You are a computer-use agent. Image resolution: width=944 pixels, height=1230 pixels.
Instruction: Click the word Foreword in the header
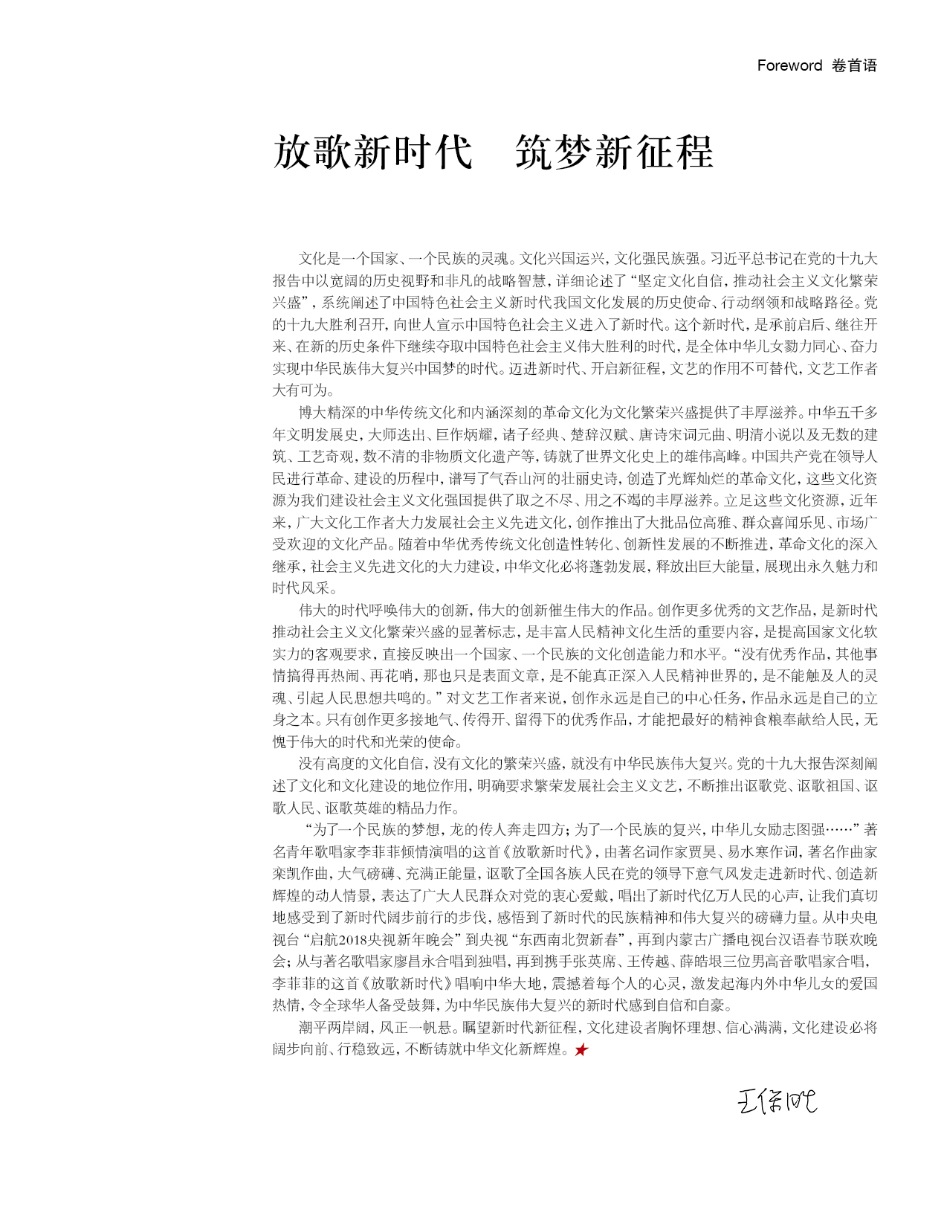789,65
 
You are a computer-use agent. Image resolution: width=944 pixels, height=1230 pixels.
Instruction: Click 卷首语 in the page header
854,65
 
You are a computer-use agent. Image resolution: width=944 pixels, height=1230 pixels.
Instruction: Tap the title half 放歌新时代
372,152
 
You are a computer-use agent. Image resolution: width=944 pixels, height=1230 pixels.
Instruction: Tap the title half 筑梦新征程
614,152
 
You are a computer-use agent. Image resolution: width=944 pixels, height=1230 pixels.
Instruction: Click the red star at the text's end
581,1050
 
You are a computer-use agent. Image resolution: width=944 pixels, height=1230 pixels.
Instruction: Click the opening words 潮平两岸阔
332,1028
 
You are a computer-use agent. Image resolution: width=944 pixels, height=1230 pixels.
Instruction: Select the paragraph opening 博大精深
325,413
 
